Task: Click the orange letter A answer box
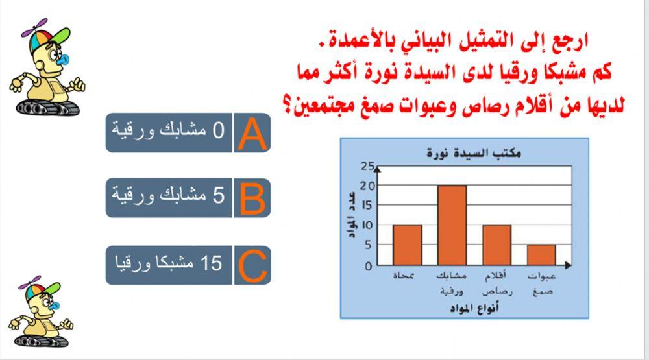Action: click(252, 132)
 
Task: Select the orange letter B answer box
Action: click(252, 198)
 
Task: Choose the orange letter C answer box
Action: click(252, 265)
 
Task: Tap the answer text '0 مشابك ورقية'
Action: click(169, 132)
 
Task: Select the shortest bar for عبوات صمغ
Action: click(541, 255)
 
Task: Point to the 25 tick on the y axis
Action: click(367, 167)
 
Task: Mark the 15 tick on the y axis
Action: click(367, 206)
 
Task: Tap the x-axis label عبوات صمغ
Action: click(541, 283)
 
